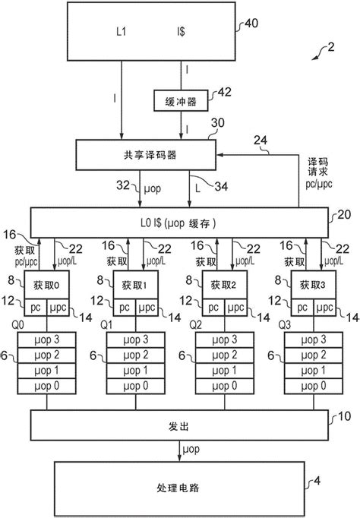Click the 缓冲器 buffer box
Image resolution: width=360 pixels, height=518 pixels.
click(x=181, y=100)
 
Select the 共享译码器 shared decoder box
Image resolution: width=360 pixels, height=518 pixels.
click(x=146, y=155)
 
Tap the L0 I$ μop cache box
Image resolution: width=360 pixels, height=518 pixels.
click(x=179, y=223)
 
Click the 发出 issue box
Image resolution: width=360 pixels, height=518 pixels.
click(x=179, y=425)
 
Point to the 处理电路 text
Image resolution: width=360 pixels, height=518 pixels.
click(x=178, y=488)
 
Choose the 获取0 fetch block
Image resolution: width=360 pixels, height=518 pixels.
click(x=47, y=285)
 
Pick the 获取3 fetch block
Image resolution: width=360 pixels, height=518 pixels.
click(x=314, y=285)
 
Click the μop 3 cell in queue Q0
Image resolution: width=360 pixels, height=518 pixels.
click(x=47, y=340)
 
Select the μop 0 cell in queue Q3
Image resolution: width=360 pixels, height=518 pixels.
click(x=314, y=386)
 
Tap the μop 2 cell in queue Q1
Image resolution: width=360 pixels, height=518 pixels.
click(x=136, y=355)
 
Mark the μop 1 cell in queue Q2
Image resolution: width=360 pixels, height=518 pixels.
click(x=225, y=371)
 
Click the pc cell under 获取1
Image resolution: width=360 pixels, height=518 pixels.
click(x=125, y=308)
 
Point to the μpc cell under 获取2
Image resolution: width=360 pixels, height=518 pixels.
click(x=235, y=308)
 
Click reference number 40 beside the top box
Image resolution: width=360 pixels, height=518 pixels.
click(x=251, y=23)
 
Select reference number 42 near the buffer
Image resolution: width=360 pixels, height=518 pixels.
click(x=225, y=92)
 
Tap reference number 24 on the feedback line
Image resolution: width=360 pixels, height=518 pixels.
click(x=261, y=140)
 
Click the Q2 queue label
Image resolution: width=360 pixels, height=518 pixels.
click(x=195, y=325)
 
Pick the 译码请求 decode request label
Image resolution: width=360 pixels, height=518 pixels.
click(x=317, y=167)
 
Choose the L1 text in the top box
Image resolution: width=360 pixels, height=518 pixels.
click(x=122, y=31)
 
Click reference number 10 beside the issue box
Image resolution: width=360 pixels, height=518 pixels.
click(x=344, y=416)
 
